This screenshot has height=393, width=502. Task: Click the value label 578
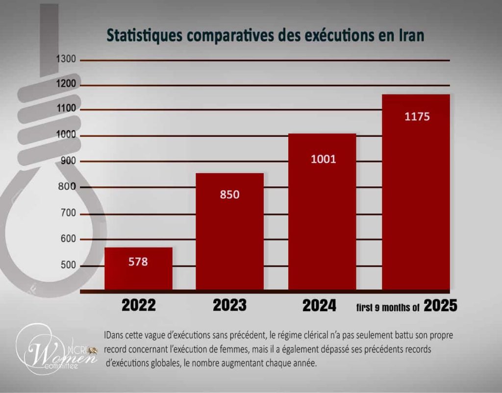click(138, 262)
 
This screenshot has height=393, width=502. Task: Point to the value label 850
click(229, 194)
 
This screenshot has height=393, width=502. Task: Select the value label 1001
click(324, 159)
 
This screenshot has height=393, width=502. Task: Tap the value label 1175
click(417, 117)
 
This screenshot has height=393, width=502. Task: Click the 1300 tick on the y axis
click(66, 59)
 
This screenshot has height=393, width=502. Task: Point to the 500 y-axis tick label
click(68, 265)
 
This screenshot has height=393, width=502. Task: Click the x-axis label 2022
click(139, 306)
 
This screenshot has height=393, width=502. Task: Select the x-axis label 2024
click(319, 306)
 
